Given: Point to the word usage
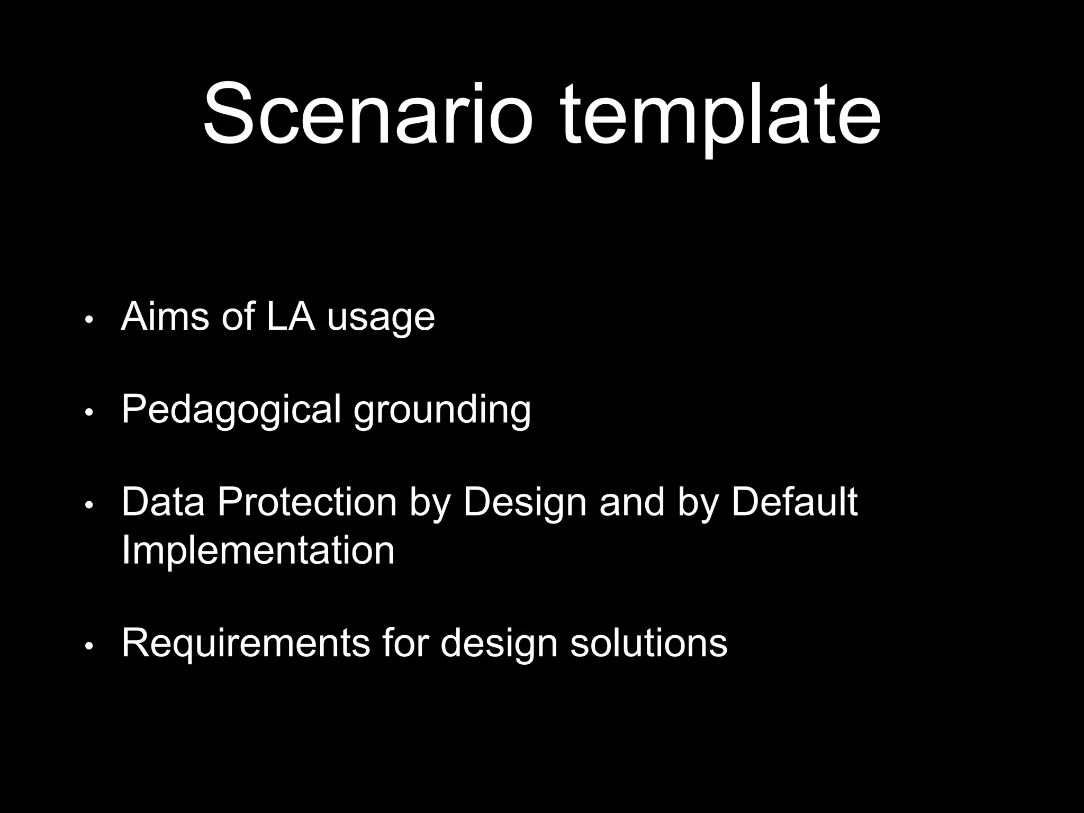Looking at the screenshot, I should pyautogui.click(x=381, y=319).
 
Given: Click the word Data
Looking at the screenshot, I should pyautogui.click(x=162, y=502).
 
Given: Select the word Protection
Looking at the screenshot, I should pyautogui.click(x=307, y=502).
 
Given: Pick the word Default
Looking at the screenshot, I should pyautogui.click(x=794, y=502).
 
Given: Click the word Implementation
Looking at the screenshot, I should pyautogui.click(x=258, y=550).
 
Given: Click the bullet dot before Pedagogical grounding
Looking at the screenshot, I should pyautogui.click(x=89, y=413).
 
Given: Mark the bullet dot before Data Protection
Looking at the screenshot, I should pyautogui.click(x=89, y=505).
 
